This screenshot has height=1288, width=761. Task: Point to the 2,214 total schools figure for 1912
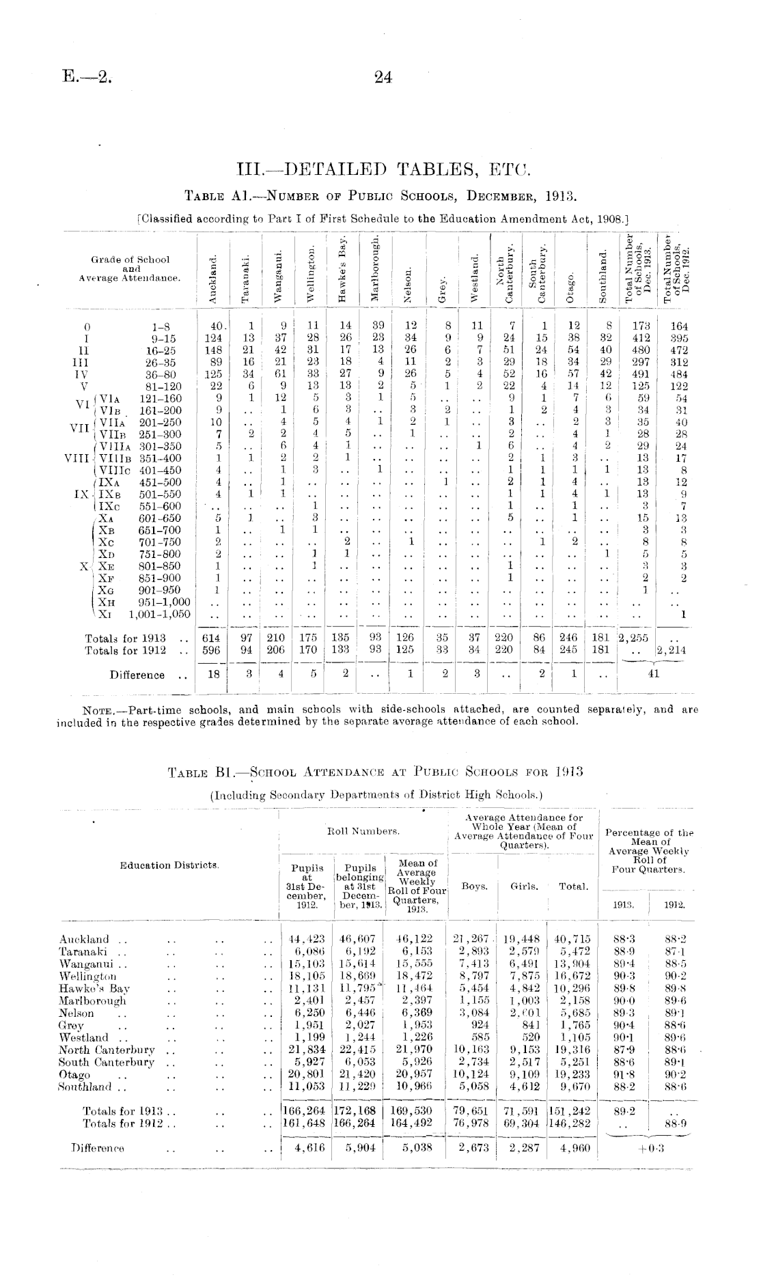[670, 651]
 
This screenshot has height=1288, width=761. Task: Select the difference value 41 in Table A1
[653, 675]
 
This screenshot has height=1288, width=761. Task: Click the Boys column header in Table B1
[474, 886]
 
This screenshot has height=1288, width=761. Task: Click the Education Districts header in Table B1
[169, 865]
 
